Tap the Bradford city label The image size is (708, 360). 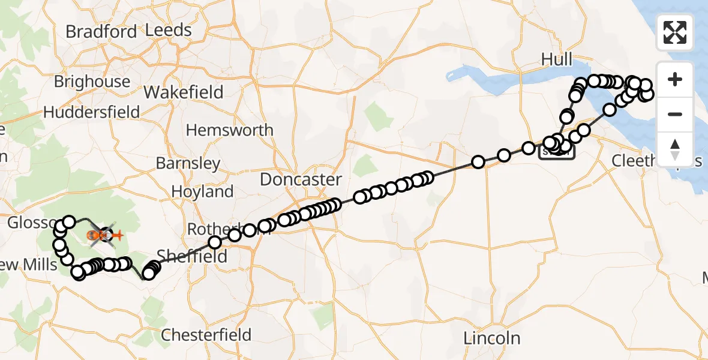tap(101, 31)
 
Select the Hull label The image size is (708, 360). tap(557, 59)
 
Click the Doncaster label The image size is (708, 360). tap(301, 179)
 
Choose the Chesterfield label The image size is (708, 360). tap(206, 334)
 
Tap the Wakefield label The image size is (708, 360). tap(184, 92)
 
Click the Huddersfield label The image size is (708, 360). tap(91, 112)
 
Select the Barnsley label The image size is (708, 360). tap(188, 163)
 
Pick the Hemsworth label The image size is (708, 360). tap(229, 130)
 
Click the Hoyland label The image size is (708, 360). tap(202, 192)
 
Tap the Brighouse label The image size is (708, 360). tap(92, 82)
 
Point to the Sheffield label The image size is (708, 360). tap(192, 257)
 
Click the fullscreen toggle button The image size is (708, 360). tap(675, 32)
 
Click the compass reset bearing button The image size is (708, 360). tap(675, 149)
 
